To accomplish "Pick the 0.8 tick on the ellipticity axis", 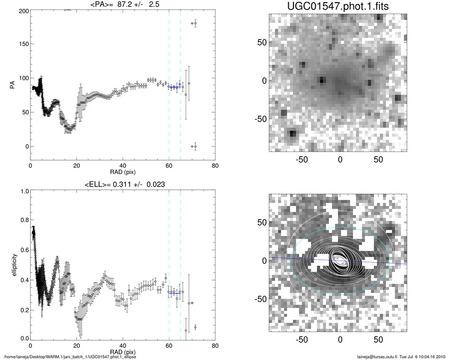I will point(22,221).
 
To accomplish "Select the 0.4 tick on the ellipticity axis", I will point(22,280).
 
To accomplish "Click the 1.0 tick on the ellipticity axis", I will point(22,192).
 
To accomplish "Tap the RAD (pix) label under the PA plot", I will point(123,172).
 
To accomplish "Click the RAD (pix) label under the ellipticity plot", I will point(123,352).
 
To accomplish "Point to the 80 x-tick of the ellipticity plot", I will point(215,346).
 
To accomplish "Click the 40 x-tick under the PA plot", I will point(123,166).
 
